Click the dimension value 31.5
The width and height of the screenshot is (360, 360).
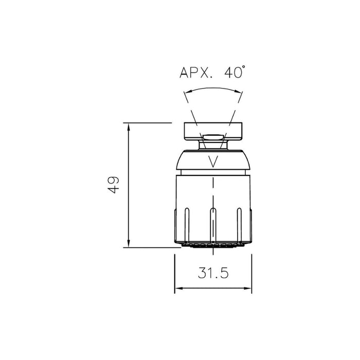[x=213, y=274]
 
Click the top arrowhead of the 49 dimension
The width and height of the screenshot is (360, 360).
[x=128, y=126]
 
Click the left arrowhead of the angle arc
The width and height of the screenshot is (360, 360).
[x=186, y=93]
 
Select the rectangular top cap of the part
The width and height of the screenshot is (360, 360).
[x=213, y=131]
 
